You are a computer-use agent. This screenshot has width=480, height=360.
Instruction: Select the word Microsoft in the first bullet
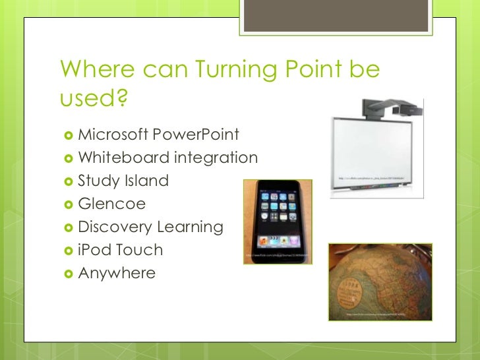[x=113, y=136]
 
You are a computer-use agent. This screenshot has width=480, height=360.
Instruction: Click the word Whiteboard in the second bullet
[x=124, y=158]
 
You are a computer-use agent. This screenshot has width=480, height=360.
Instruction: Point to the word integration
[x=216, y=158]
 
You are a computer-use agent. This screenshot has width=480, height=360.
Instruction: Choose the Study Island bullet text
[x=123, y=181]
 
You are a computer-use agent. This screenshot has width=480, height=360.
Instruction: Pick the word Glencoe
[x=111, y=204]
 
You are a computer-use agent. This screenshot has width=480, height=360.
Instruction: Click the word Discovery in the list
[x=115, y=227]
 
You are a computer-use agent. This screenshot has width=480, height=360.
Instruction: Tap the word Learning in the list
[x=190, y=227]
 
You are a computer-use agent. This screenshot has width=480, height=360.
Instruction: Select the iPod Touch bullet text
[x=120, y=250]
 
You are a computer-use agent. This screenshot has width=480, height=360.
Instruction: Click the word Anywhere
[x=117, y=272]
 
